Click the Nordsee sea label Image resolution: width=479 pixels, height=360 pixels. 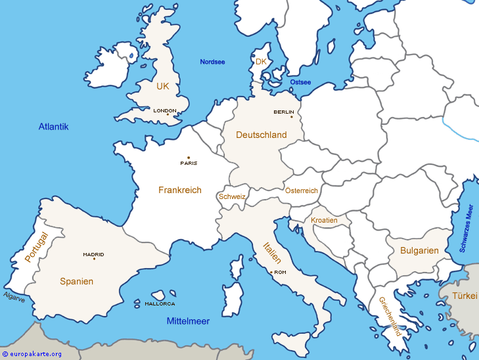point(212,62)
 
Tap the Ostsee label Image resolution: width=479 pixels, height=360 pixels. point(300,82)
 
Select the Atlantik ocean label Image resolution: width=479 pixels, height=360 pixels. point(53,127)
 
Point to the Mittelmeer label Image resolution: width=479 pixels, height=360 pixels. point(188,321)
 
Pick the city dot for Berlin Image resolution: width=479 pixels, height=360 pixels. point(291,117)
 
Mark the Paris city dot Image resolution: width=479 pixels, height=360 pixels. point(189,158)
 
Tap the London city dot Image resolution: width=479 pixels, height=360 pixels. point(168,115)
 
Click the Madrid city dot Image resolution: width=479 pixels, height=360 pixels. point(94,258)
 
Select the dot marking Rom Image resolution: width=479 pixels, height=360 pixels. point(271,272)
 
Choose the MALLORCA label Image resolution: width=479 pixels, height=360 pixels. point(160,304)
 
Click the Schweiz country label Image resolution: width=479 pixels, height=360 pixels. point(232,196)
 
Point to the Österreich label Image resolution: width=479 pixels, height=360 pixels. point(302,191)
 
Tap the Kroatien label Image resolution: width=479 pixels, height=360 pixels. point(324,220)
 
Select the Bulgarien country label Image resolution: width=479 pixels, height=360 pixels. point(419,250)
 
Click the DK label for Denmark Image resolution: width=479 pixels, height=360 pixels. point(261,62)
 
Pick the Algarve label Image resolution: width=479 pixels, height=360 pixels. point(14,298)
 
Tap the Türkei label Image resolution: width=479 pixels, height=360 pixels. point(465,296)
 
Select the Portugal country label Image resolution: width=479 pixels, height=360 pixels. point(36,247)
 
